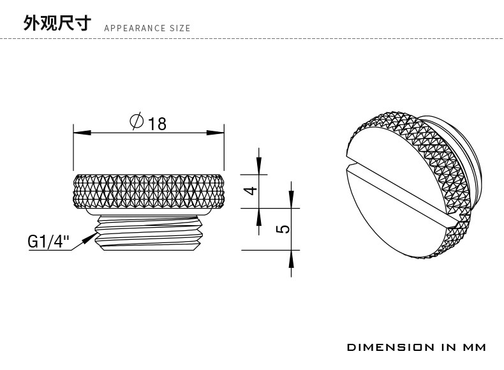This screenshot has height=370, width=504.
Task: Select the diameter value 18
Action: coord(157,123)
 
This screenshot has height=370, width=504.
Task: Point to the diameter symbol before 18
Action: coord(136,121)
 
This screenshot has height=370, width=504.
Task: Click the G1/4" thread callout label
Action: coord(48,242)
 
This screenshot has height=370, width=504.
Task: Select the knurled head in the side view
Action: coord(149,191)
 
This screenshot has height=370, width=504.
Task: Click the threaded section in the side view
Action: coord(149,233)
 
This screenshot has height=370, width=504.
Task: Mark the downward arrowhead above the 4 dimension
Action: coord(258,167)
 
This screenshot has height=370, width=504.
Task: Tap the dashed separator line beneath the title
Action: coord(255,39)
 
